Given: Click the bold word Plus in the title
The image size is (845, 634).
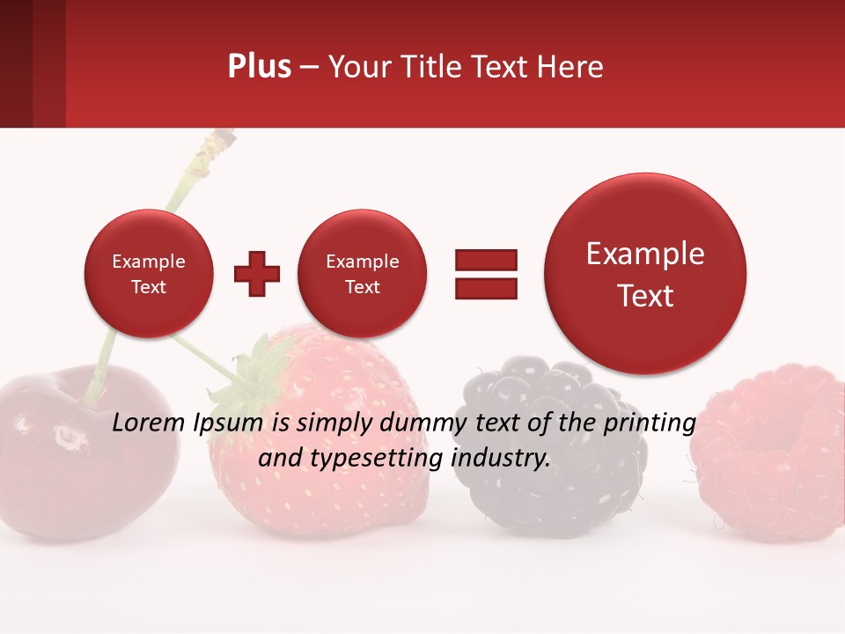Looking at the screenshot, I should coord(259,67).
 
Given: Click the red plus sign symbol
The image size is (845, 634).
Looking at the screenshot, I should coord(257,274).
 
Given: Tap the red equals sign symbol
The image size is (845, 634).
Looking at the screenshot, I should coord(485,274).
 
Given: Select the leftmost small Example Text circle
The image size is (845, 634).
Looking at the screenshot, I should coord(148,274).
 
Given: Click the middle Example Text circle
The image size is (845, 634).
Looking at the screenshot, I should coord(362,274).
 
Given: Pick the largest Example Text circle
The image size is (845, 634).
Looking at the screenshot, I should coord(645,274).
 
